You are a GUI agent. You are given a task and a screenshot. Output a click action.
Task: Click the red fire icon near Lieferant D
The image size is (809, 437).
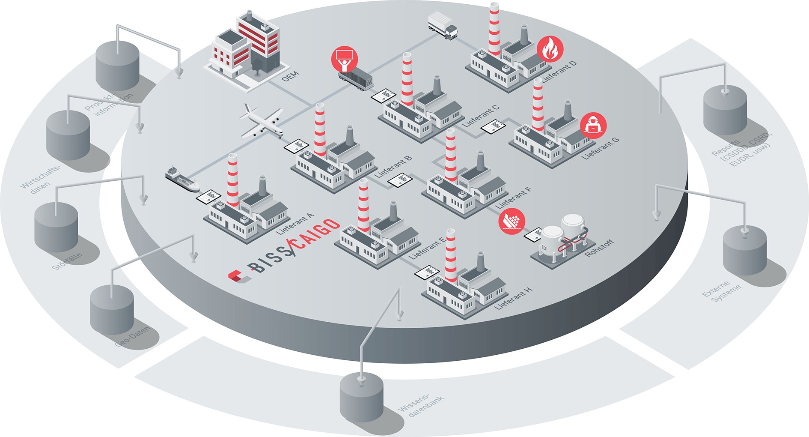coord(550,49)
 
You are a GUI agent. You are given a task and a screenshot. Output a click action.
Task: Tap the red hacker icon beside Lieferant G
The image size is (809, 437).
coord(593,125)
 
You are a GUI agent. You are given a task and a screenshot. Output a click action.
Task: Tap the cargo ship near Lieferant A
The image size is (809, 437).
coord(182,179)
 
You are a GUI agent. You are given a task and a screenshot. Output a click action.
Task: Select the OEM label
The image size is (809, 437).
coord(290,77)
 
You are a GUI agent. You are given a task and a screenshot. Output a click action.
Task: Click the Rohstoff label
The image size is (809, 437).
coord(599,248)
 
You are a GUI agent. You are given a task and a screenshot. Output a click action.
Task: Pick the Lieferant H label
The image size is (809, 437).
coord(513,298)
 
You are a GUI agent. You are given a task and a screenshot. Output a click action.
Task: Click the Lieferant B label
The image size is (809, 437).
coord(393,167)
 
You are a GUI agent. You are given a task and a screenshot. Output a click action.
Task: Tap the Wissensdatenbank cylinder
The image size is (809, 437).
coord(361,397)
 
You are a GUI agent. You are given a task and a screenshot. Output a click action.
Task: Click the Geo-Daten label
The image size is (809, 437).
coord(133,337)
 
